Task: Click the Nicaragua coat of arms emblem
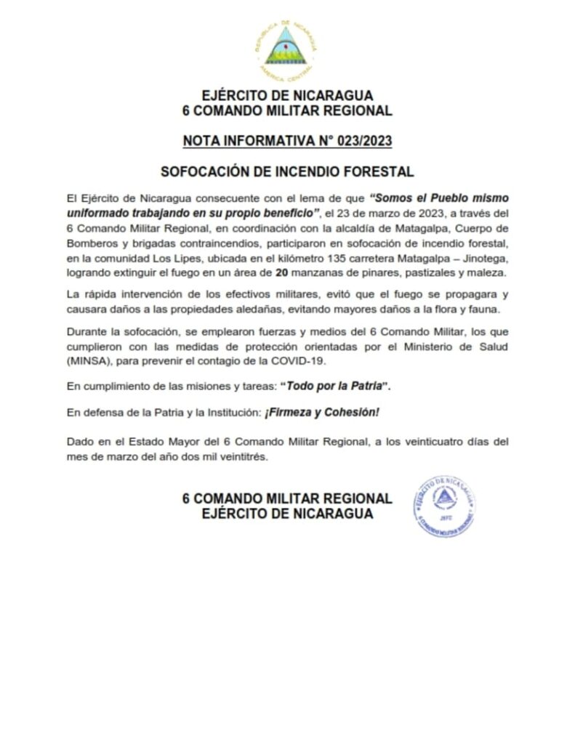[286, 48]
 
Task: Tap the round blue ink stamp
[446, 506]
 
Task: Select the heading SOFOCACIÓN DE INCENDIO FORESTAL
[286, 172]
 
